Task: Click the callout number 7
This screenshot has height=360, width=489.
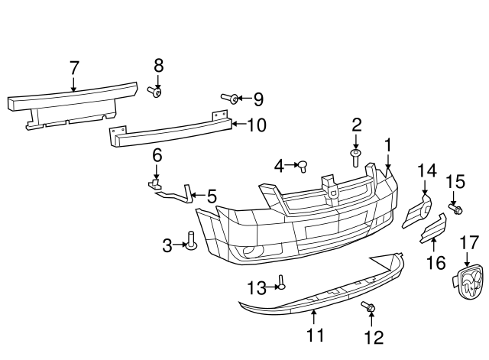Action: click(x=74, y=67)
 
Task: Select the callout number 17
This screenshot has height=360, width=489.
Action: click(x=470, y=244)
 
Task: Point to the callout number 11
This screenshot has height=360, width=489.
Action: click(x=315, y=335)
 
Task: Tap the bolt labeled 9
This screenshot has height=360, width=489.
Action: click(x=228, y=98)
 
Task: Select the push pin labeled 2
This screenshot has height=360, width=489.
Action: click(x=356, y=158)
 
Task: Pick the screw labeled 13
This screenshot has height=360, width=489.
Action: click(x=281, y=284)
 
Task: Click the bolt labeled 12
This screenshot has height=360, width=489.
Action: click(x=369, y=307)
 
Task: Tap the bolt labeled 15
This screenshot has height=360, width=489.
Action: click(x=455, y=209)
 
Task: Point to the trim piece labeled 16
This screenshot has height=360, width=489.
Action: click(x=433, y=229)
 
